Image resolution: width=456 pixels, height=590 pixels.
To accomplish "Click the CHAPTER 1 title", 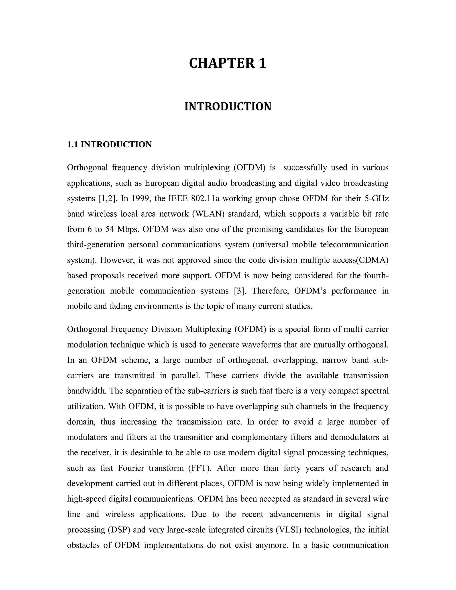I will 228,63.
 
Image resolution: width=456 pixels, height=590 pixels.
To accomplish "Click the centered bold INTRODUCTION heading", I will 228,106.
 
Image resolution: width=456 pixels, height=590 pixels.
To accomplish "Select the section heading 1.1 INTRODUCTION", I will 109,144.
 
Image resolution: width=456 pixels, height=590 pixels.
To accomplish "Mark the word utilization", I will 86,406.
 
